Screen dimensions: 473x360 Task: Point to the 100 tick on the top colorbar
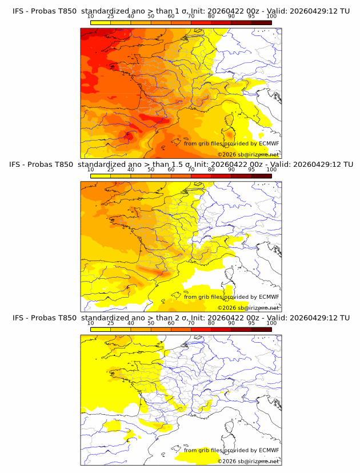point(271,16)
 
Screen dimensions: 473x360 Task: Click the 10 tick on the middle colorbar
point(90,170)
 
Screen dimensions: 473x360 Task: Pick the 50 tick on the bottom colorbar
point(151,323)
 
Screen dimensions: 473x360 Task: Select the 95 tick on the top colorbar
point(251,16)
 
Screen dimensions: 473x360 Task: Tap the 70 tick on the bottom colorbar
point(191,323)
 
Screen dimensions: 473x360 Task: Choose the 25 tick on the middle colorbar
point(110,170)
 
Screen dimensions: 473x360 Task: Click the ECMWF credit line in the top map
point(231,143)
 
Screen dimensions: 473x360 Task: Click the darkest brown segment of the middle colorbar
point(262,176)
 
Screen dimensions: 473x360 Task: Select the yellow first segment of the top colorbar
point(101,22)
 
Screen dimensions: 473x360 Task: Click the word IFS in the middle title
point(19,164)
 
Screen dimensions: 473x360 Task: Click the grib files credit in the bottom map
point(231,451)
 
